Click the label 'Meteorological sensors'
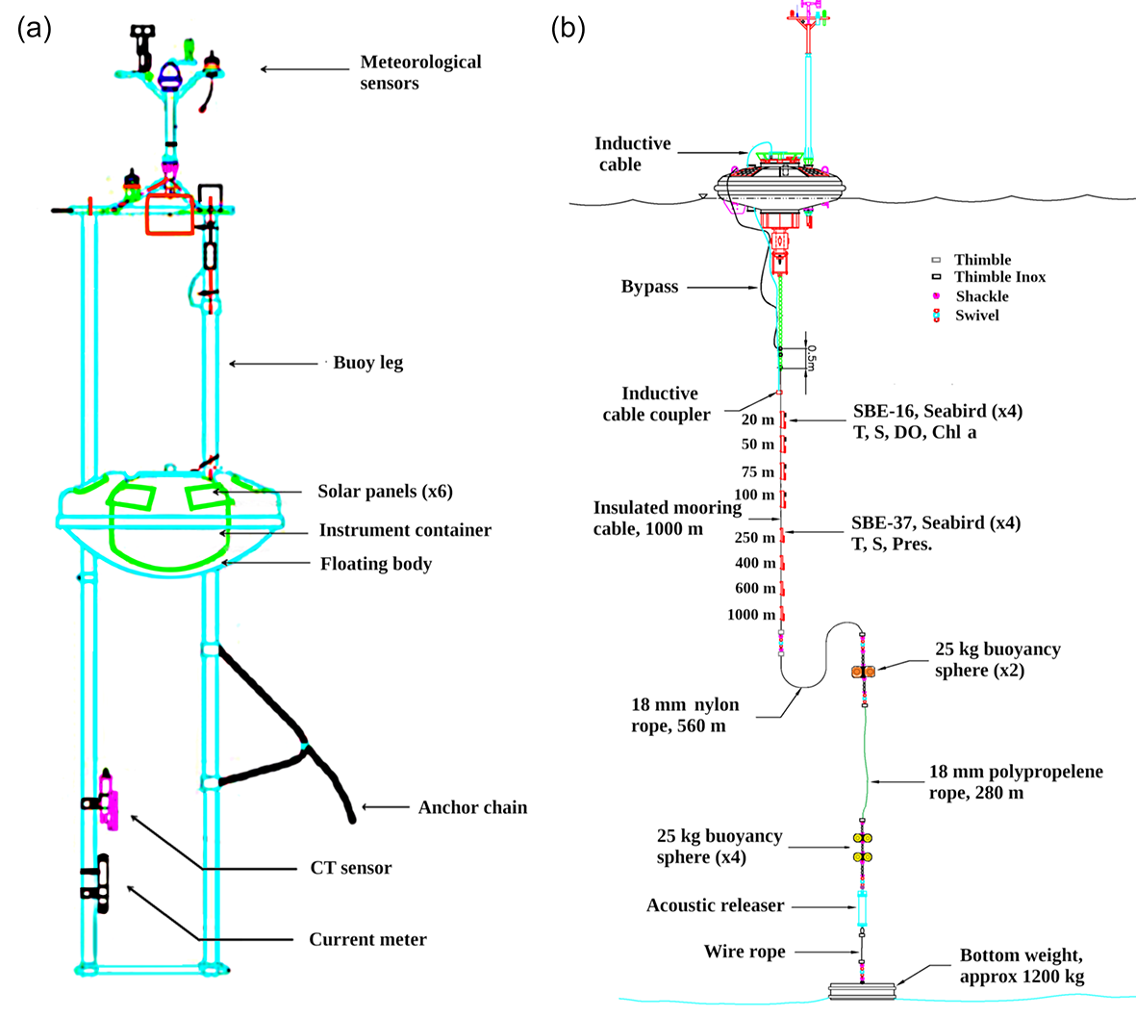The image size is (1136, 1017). tap(420, 72)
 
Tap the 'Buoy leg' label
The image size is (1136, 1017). tap(367, 363)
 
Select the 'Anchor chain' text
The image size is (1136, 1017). tap(472, 807)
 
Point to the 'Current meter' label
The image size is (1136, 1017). tap(367, 939)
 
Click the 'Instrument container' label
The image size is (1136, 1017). tap(405, 530)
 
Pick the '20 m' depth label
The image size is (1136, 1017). tap(758, 420)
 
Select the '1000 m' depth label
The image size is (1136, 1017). tap(751, 614)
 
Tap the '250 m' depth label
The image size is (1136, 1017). tap(754, 538)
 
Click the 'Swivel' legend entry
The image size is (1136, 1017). tap(976, 316)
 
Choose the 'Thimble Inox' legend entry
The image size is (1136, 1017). tap(999, 277)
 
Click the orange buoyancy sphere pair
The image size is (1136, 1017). tap(863, 671)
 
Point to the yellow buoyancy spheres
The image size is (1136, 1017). tap(863, 847)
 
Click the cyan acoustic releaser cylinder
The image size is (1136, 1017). tap(863, 906)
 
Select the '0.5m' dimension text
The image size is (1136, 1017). tap(810, 358)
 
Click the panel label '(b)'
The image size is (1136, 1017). tap(568, 28)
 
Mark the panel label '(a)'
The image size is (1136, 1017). tap(35, 28)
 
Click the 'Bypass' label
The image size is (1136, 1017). tap(649, 287)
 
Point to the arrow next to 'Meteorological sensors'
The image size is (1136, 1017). tap(304, 69)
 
